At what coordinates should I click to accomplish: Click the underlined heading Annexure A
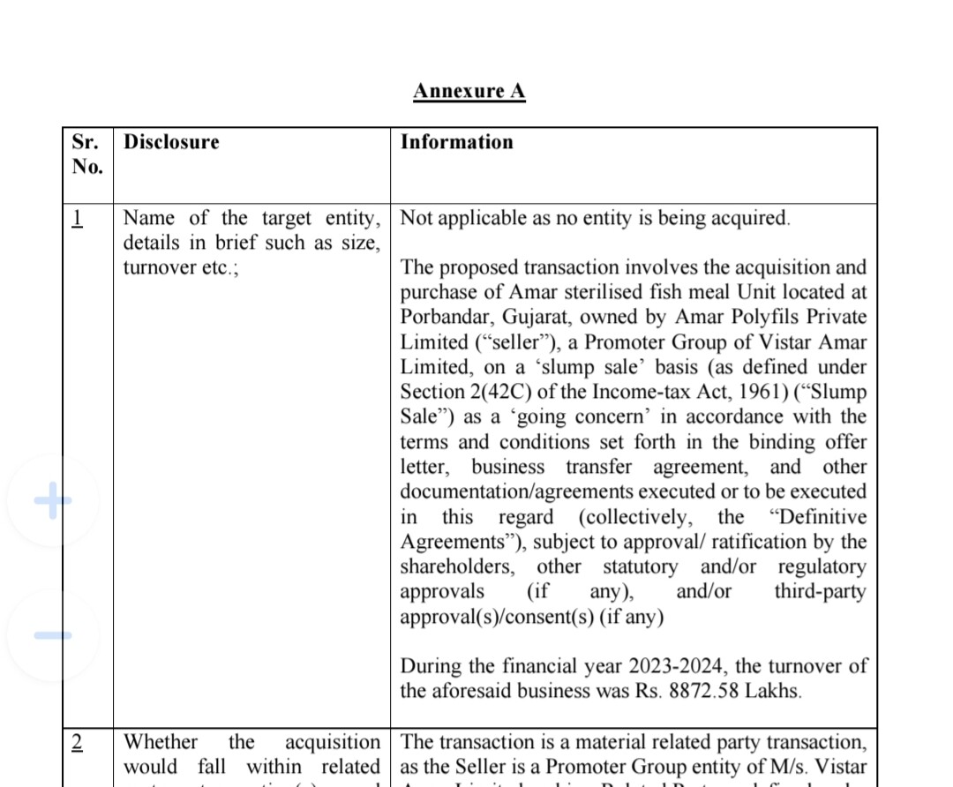pyautogui.click(x=469, y=91)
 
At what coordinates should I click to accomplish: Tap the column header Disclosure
pyautogui.click(x=171, y=142)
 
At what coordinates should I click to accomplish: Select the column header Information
pyautogui.click(x=456, y=142)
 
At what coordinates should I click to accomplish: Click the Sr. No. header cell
pyautogui.click(x=86, y=154)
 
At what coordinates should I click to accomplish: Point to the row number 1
pyautogui.click(x=78, y=218)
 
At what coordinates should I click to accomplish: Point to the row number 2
pyautogui.click(x=78, y=743)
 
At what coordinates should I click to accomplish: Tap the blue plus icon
pyautogui.click(x=53, y=500)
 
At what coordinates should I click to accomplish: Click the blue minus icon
pyautogui.click(x=53, y=634)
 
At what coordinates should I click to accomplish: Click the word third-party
pyautogui.click(x=820, y=592)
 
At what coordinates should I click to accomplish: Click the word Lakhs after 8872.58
pyautogui.click(x=772, y=691)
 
